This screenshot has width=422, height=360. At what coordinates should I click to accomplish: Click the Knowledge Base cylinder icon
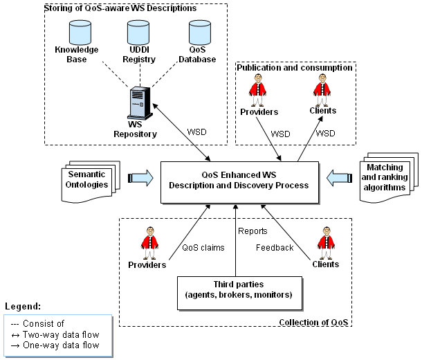pos(80,31)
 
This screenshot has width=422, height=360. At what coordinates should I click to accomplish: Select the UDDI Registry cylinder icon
pos(138,31)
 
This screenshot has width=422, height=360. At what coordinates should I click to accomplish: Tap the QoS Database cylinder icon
pos(200,31)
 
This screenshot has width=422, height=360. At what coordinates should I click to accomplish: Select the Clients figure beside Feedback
pos(324,243)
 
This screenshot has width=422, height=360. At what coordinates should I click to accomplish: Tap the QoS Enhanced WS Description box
pos(239,182)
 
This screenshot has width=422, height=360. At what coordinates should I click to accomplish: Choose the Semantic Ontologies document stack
pos(87,180)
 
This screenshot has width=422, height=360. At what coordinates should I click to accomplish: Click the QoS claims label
pos(203,247)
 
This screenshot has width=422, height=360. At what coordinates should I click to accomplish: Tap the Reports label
pos(253,231)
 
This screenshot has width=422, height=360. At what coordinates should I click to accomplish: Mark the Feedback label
pos(275,247)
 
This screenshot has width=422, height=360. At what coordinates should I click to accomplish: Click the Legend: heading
pos(24,305)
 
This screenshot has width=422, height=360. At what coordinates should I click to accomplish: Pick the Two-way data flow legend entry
pos(57,335)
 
